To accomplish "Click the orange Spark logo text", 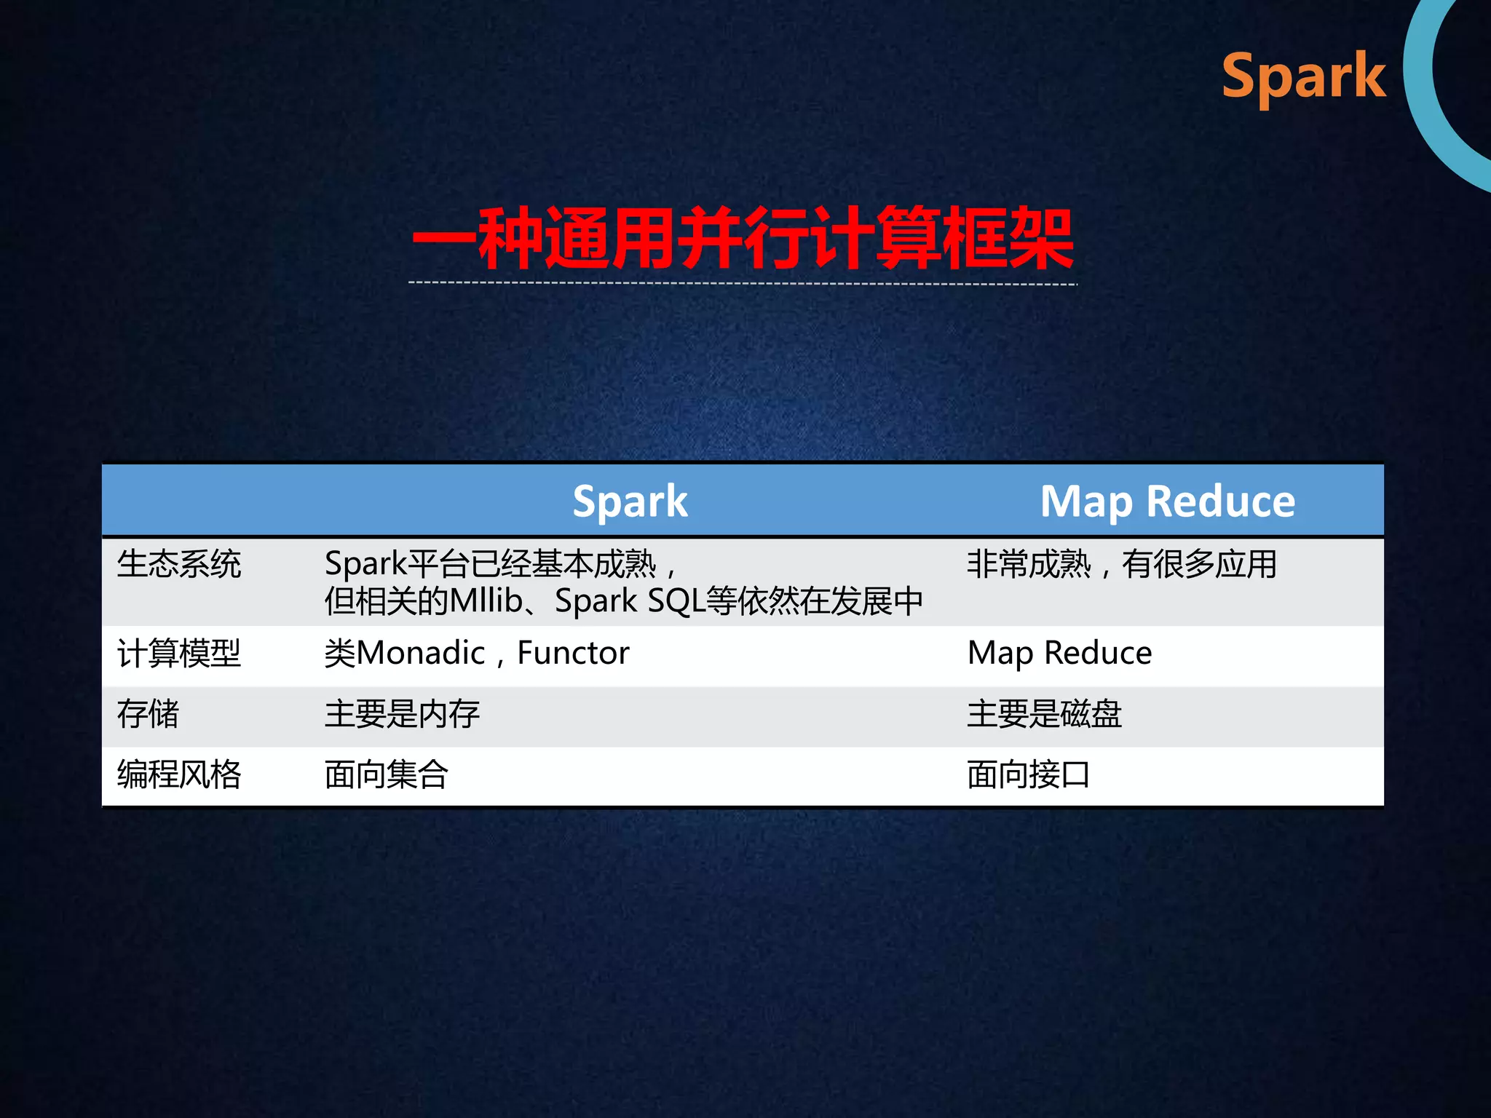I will point(1303,76).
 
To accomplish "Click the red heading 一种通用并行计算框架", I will point(743,239).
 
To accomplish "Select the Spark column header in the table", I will point(630,501).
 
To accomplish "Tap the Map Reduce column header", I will point(1168,501).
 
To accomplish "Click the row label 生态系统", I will point(179,565).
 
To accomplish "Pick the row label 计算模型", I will point(179,653).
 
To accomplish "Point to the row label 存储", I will point(149,714).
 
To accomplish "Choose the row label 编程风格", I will point(179,774).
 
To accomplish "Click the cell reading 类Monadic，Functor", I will point(477,653).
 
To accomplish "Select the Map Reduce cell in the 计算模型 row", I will point(1059,653).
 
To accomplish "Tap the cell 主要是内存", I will point(402,714).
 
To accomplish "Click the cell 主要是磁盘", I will point(1044,714).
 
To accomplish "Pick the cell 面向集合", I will point(387,774).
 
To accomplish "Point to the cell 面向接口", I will point(1028,774).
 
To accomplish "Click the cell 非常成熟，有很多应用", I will point(1121,565).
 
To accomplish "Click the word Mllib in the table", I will point(486,601).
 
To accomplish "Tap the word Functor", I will point(573,653).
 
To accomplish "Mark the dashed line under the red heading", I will point(743,283).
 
